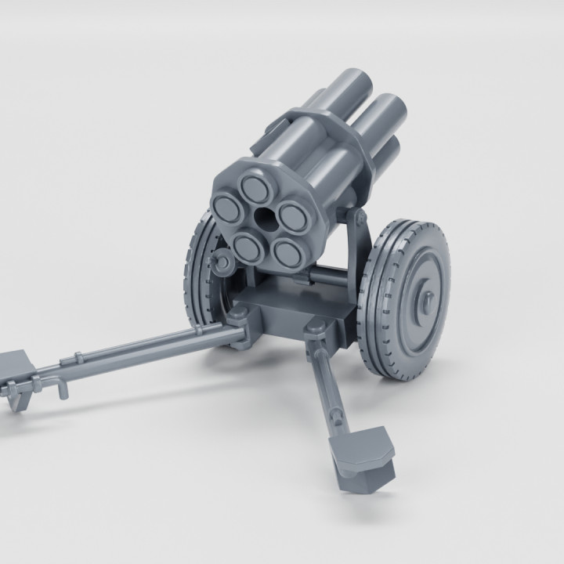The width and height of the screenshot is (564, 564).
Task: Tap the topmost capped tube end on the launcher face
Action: (x=255, y=186)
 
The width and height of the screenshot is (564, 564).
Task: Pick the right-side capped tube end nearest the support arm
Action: (x=291, y=217)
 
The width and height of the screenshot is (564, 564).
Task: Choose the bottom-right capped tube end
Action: (x=288, y=252)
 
